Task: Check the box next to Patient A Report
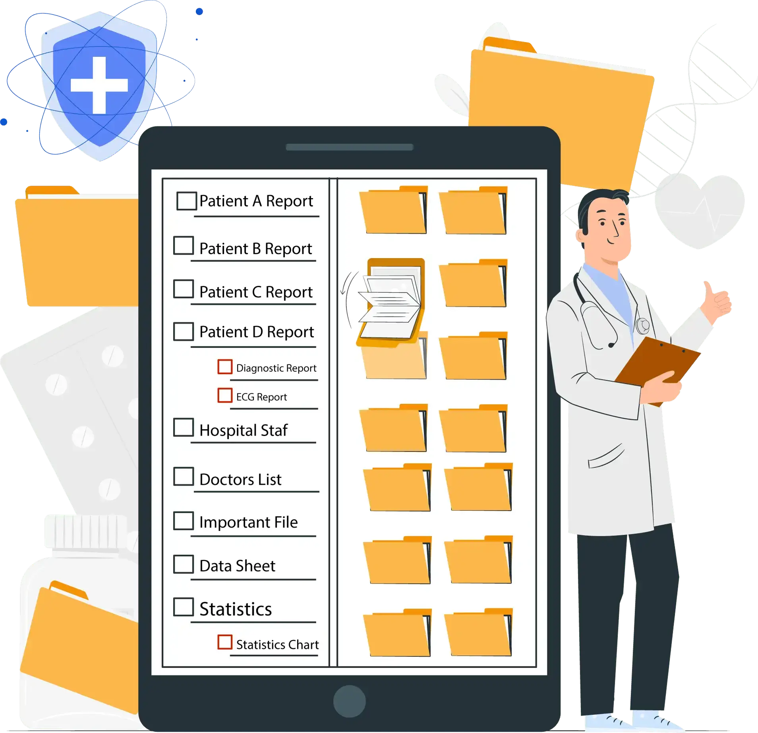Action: coord(186,201)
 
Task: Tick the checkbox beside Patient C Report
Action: coord(184,289)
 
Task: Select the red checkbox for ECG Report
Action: coord(225,395)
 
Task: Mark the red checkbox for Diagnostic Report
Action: coord(225,367)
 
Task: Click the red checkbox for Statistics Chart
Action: coord(225,642)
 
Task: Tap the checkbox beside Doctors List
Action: coord(184,476)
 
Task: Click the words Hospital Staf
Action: coord(243,430)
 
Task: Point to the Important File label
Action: coord(248,522)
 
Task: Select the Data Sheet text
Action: coord(237,566)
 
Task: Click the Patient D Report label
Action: coord(257,332)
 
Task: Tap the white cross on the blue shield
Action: coord(99,85)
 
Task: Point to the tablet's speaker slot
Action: coord(350,147)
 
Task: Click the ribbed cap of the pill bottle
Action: coord(86,532)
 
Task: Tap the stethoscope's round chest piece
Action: coord(643,326)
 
